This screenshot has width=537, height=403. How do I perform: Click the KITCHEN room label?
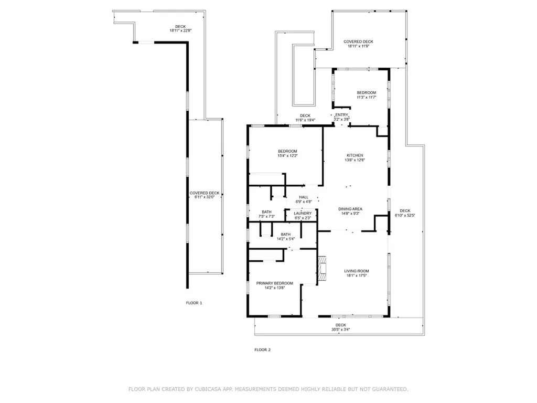click(x=355, y=155)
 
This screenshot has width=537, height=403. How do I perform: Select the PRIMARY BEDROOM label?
click(x=274, y=283)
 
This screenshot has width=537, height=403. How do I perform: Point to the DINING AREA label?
click(x=350, y=209)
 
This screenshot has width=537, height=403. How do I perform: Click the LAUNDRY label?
click(x=303, y=213)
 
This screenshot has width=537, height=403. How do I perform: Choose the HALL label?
click(x=304, y=197)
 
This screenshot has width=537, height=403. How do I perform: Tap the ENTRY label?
click(x=341, y=115)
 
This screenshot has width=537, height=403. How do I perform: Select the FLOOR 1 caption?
click(x=194, y=303)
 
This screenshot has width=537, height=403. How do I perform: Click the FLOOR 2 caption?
click(x=262, y=349)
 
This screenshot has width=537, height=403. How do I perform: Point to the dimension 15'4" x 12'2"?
click(x=287, y=156)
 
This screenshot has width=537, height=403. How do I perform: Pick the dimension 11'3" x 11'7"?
click(x=367, y=97)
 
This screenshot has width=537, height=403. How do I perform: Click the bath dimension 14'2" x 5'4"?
click(x=286, y=239)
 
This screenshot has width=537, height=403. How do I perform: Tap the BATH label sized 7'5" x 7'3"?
click(x=266, y=212)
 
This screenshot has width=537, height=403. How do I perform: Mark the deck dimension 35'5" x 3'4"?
click(x=341, y=330)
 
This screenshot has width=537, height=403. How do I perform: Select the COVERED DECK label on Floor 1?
click(x=205, y=193)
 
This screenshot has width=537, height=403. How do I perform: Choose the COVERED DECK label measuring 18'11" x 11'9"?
click(x=358, y=41)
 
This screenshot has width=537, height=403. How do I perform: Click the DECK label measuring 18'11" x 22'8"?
click(x=180, y=27)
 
